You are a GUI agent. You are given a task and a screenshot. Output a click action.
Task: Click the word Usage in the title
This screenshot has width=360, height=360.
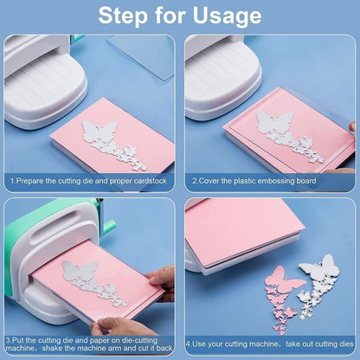pyautogui.click(x=228, y=16)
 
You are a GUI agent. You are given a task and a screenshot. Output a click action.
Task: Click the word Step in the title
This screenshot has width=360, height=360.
pyautogui.click(x=123, y=15)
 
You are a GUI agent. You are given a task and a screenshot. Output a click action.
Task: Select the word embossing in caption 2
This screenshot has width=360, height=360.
pyautogui.click(x=275, y=181)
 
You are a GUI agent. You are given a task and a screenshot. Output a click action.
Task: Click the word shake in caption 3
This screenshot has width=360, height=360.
pyautogui.click(x=52, y=348)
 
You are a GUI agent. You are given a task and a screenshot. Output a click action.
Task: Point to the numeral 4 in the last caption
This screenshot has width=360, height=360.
pyautogui.click(x=188, y=344)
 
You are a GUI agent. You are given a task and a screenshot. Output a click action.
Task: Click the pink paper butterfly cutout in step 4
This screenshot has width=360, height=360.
pyautogui.click(x=283, y=298)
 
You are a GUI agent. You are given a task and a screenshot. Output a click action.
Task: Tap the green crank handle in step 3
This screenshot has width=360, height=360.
pyautogui.click(x=110, y=227)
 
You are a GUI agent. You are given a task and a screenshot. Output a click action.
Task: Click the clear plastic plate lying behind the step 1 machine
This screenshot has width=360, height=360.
pyautogui.click(x=142, y=58)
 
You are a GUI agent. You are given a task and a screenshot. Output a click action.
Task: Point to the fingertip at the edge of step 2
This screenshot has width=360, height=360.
pyautogui.click(x=352, y=126)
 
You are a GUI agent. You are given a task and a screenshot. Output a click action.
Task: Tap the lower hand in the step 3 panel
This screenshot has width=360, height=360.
pyautogui.click(x=119, y=327)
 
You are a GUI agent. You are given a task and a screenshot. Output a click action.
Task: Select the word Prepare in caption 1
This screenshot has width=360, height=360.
pyautogui.click(x=29, y=181)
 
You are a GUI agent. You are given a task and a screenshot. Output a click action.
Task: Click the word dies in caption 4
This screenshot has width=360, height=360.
pyautogui.click(x=346, y=344)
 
